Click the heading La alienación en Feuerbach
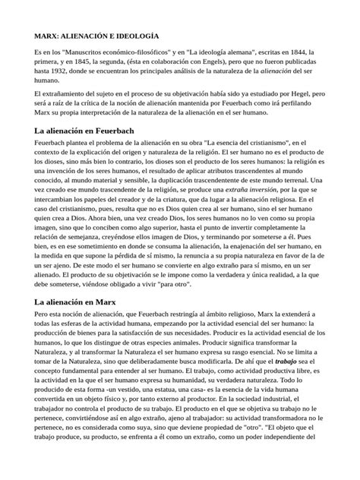click(84, 131)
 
